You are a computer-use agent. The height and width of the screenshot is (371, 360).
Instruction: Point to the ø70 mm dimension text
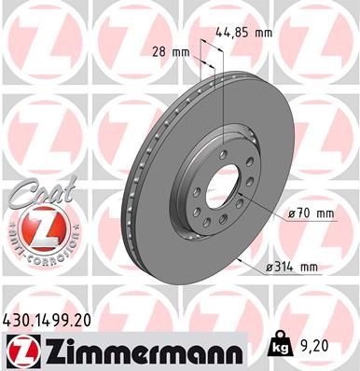[x=312, y=213]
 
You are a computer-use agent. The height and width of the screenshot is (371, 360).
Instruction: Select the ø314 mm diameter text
[x=291, y=268]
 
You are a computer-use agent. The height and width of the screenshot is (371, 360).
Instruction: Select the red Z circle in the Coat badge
[x=36, y=226]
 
